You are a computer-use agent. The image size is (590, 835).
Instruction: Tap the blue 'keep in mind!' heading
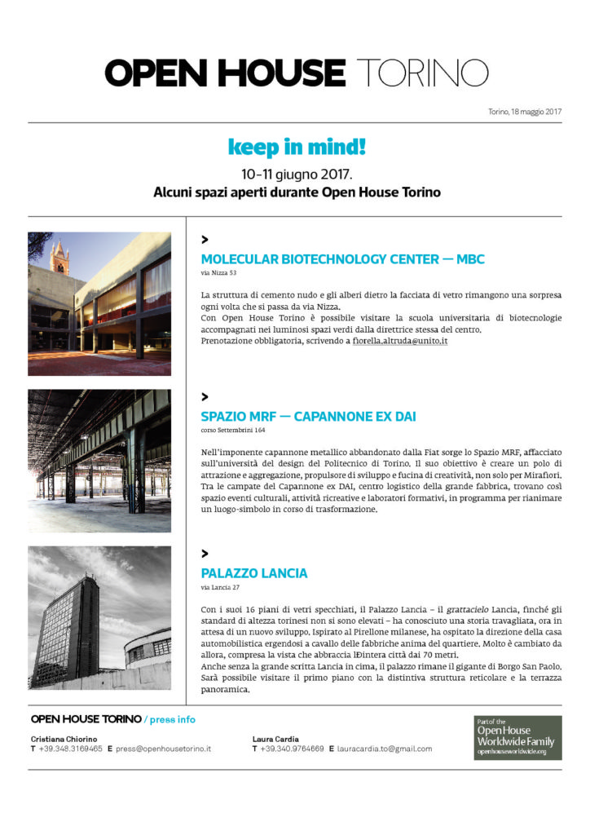[296, 148]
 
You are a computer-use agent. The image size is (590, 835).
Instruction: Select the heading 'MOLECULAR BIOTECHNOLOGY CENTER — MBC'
[342, 259]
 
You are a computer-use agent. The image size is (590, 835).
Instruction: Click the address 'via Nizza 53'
[218, 274]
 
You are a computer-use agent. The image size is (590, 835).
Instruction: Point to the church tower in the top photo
[59, 256]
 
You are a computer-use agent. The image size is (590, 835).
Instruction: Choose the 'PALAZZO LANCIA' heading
[253, 572]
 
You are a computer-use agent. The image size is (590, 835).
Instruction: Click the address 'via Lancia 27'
[219, 586]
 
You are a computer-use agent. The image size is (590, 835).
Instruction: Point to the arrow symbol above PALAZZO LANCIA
[205, 554]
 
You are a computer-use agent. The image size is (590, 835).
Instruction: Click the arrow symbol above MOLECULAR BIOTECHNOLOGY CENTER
[205, 240]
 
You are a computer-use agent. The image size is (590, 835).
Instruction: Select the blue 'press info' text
[171, 719]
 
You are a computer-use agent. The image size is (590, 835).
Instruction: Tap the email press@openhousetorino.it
[163, 748]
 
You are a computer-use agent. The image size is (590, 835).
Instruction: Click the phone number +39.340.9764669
[292, 748]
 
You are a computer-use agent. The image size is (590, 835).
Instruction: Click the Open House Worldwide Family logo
[517, 738]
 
